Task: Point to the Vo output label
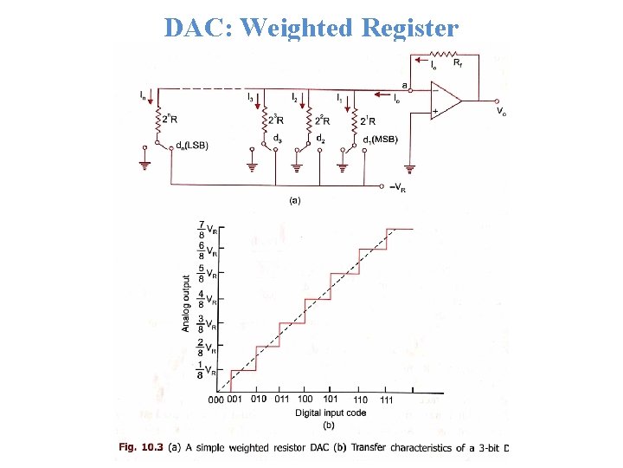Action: pyautogui.click(x=501, y=111)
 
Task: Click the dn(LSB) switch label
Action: pyautogui.click(x=191, y=145)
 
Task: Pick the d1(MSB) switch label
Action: pyautogui.click(x=380, y=140)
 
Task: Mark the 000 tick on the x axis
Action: pyautogui.click(x=216, y=400)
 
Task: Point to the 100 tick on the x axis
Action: pyautogui.click(x=305, y=399)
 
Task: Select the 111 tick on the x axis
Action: pyautogui.click(x=386, y=400)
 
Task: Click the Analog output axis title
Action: pyautogui.click(x=186, y=302)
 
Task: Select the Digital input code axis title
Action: pyautogui.click(x=330, y=413)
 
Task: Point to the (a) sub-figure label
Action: pyautogui.click(x=294, y=200)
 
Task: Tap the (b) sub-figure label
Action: pyautogui.click(x=329, y=425)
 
